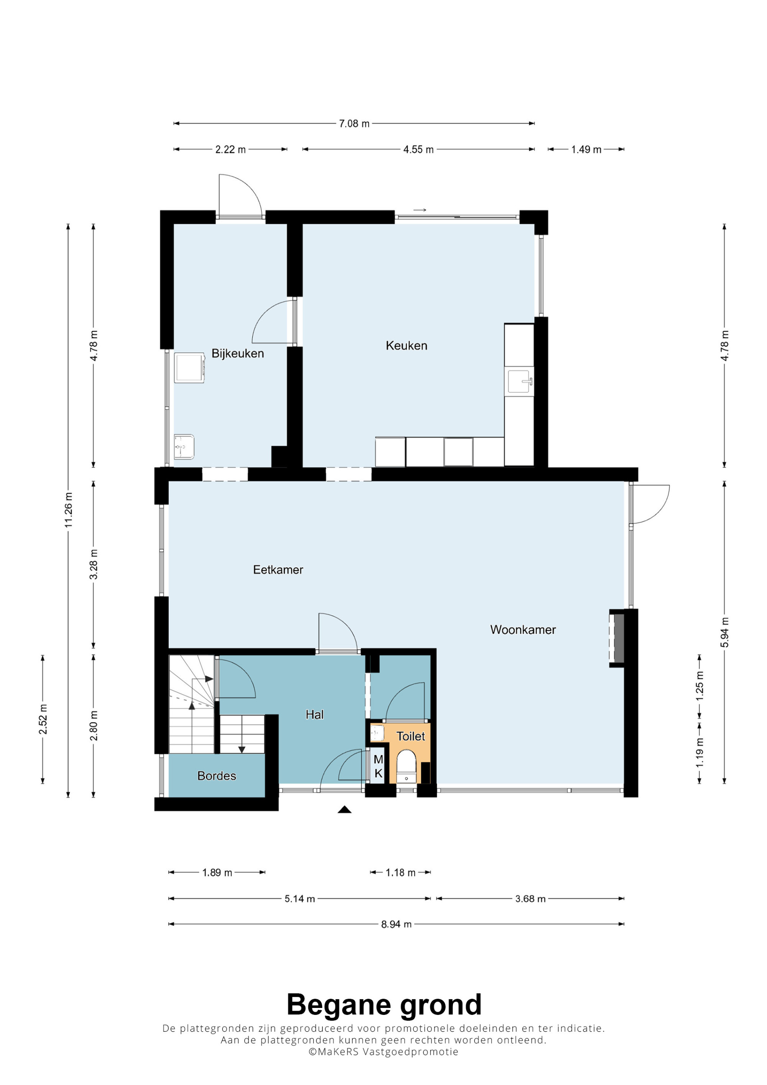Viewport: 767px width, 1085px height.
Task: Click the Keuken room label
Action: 407,345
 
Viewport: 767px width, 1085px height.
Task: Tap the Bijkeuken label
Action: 237,353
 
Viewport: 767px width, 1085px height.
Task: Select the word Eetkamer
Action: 278,569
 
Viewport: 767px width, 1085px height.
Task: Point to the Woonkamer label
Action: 523,630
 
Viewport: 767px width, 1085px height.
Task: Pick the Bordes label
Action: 216,776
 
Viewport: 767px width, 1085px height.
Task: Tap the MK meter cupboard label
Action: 378,766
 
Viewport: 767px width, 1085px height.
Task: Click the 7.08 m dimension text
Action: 354,124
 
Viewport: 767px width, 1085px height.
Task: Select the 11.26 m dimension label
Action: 69,510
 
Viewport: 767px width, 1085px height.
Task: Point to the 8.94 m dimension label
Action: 396,924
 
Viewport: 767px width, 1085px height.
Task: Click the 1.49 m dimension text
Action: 586,150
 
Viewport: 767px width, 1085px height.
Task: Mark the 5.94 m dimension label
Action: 725,633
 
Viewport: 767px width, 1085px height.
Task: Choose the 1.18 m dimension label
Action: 400,873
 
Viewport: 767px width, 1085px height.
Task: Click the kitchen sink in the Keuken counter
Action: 520,381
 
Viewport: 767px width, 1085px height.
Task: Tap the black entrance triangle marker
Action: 344,809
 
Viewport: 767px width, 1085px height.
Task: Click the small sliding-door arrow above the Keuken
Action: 420,210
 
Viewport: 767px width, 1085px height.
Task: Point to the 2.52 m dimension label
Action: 43,719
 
